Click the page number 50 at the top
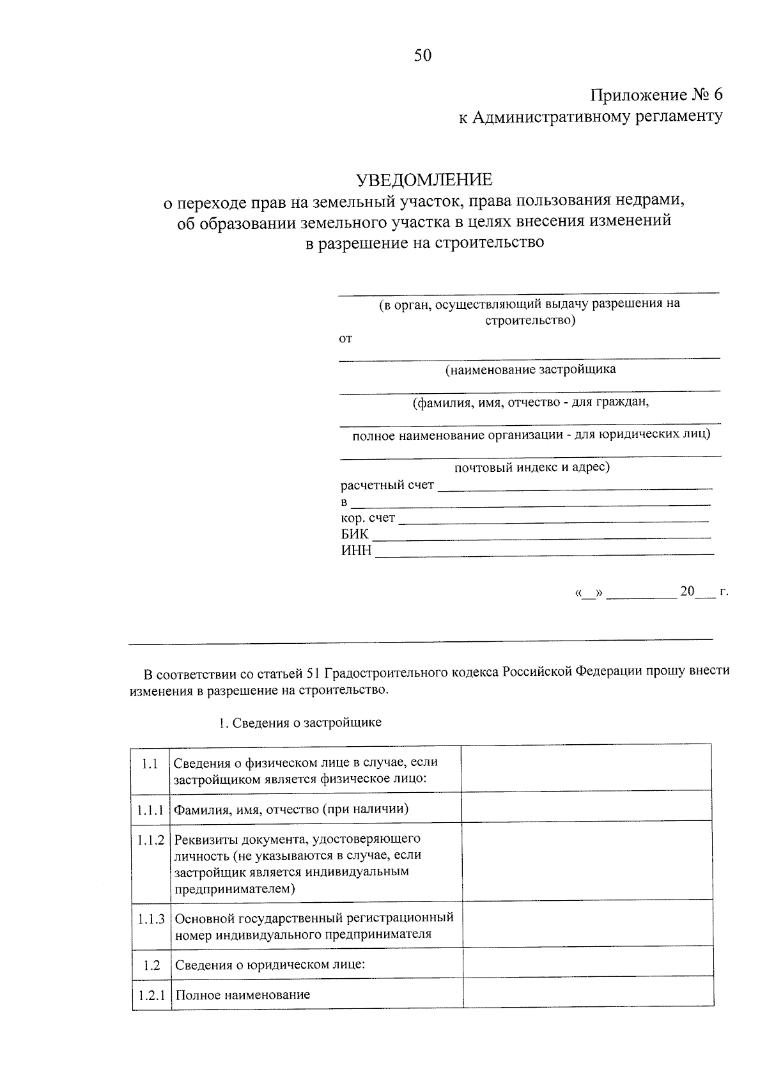point(422,56)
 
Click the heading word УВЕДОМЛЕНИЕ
point(424,180)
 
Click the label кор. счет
point(368,518)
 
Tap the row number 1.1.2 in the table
point(150,839)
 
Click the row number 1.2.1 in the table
point(151,995)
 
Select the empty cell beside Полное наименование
point(587,994)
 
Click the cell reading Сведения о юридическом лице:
point(269,965)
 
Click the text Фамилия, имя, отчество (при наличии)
point(291,809)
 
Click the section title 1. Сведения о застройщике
point(299,722)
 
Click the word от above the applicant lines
point(345,339)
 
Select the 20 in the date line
point(686,591)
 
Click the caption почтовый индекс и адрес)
point(532,467)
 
